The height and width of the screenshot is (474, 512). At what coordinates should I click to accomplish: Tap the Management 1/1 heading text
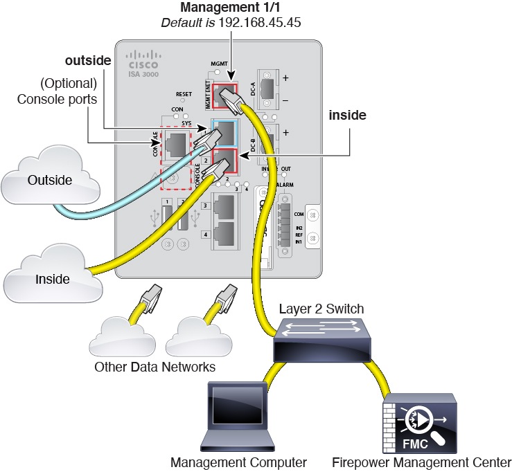click(x=224, y=9)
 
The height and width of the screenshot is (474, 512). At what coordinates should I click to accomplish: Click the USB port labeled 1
click(x=167, y=215)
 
